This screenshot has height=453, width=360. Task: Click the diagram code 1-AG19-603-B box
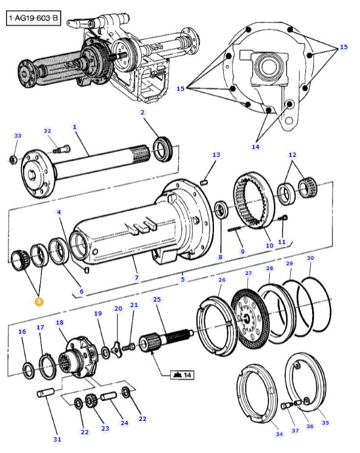33,18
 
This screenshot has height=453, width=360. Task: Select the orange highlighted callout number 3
39,302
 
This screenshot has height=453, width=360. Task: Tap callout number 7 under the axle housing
136,277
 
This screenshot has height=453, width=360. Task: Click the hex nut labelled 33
13,159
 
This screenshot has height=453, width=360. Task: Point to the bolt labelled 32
62,150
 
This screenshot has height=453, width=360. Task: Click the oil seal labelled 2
163,149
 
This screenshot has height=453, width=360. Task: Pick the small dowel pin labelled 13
204,182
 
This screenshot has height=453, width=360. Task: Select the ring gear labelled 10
254,200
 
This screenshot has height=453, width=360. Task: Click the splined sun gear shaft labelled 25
165,340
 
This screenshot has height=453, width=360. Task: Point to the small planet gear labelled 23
92,402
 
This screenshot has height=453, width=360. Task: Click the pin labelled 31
45,392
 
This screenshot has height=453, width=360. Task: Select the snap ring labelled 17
48,366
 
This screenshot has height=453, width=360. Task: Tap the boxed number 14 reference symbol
182,375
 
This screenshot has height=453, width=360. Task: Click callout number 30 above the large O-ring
310,258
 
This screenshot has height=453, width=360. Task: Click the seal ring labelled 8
222,209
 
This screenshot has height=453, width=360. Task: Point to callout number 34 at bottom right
279,434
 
